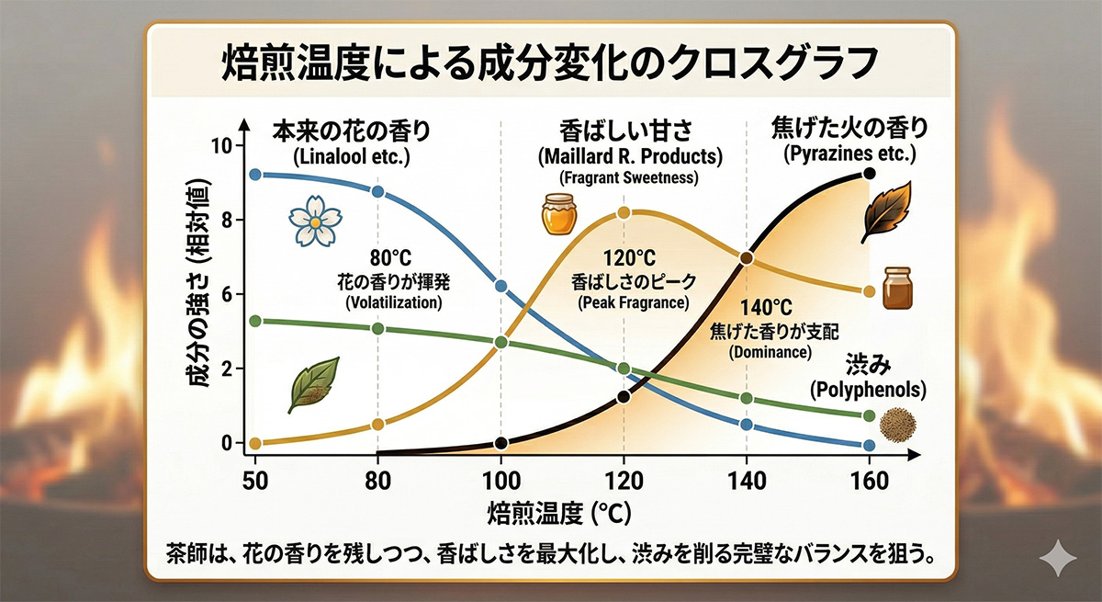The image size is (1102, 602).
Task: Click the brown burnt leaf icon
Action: point(886,210)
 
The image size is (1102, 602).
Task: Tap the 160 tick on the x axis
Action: point(869,481)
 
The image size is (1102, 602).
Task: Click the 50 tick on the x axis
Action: point(255,481)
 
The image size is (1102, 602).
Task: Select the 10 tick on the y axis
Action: point(222,146)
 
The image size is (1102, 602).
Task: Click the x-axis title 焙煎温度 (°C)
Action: point(559,512)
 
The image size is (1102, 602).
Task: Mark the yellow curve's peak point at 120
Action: point(624,212)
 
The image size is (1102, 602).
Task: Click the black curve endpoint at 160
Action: point(869,174)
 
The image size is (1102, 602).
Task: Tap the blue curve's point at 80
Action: point(377,191)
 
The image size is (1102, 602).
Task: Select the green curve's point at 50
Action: point(255,320)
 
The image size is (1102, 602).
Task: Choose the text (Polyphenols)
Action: point(868,391)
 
